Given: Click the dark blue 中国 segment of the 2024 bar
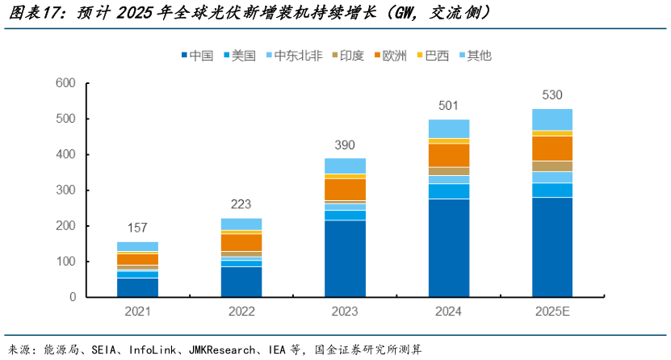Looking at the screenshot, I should pos(448,248).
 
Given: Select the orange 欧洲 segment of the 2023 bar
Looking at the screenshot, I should pos(345,189).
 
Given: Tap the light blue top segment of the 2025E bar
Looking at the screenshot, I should pos(552,119).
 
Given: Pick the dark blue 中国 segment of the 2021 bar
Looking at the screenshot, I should pos(138,287).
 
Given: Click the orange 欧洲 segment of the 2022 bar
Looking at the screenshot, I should pos(241,242).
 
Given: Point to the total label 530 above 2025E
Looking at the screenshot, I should pos(552,95).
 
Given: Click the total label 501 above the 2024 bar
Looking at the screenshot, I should pos(448,106).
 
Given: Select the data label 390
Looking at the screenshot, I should pos(345,144).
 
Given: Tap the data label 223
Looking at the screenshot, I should pos(241,204).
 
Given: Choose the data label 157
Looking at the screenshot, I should pos(138,228).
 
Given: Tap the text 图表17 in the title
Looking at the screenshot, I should pos(37,14).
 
